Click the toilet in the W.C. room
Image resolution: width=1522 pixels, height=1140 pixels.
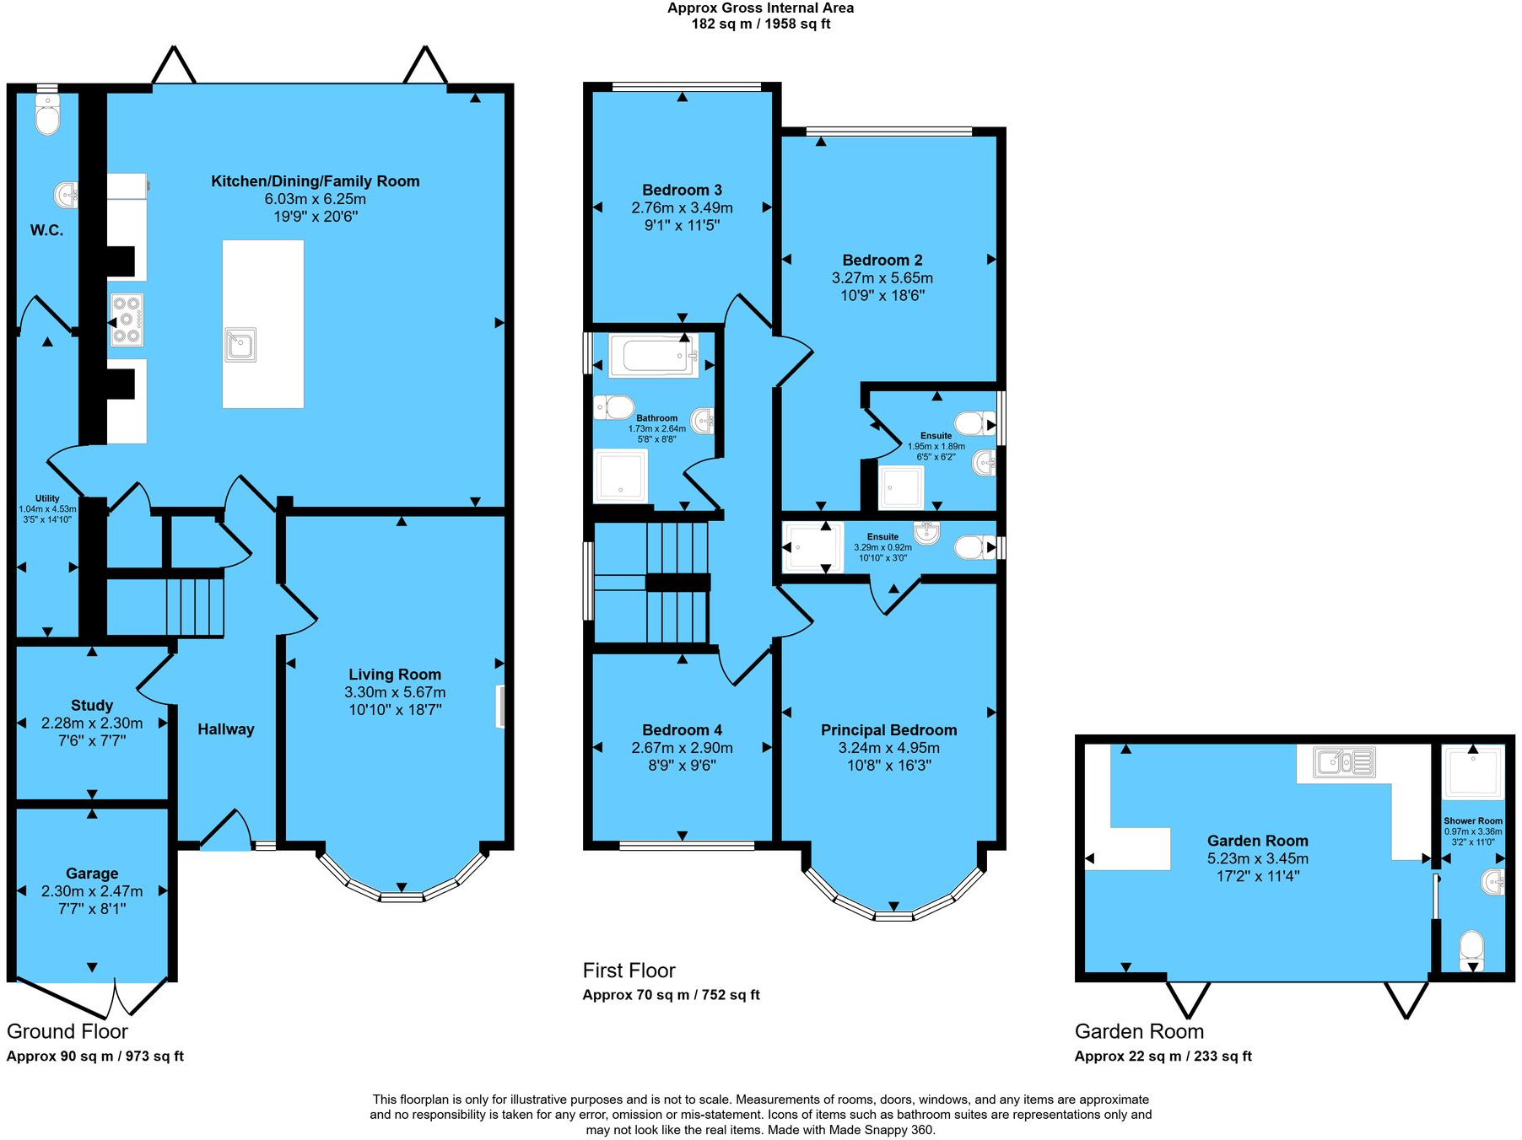pyautogui.click(x=48, y=115)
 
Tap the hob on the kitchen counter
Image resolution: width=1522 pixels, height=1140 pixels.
pyautogui.click(x=127, y=320)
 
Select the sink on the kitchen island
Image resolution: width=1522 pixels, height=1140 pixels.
pyautogui.click(x=240, y=345)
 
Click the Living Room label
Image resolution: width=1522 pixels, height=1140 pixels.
pyautogui.click(x=395, y=675)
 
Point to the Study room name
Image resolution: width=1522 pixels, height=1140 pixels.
pyautogui.click(x=92, y=706)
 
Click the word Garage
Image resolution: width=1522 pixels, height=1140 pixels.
pyautogui.click(x=92, y=874)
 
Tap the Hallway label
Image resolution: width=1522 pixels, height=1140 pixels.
pyautogui.click(x=226, y=729)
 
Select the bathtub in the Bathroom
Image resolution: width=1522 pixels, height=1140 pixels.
pyautogui.click(x=654, y=356)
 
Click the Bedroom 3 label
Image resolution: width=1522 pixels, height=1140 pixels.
pyautogui.click(x=682, y=191)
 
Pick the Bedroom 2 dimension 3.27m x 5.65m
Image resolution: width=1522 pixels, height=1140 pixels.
pyautogui.click(x=882, y=278)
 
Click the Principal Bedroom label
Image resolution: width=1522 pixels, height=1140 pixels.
pyautogui.click(x=889, y=730)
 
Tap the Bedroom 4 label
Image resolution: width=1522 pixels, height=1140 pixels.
pyautogui.click(x=682, y=730)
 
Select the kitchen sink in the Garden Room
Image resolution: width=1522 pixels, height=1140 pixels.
pyautogui.click(x=1345, y=762)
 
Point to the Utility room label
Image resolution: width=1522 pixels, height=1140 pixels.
pyautogui.click(x=47, y=498)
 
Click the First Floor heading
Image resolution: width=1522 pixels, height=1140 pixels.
pyautogui.click(x=629, y=971)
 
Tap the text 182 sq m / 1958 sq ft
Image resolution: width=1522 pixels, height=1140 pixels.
pyautogui.click(x=761, y=24)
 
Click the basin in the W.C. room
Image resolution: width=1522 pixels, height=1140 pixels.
pyautogui.click(x=67, y=195)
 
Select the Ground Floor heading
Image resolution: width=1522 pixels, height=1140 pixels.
pyautogui.click(x=67, y=1031)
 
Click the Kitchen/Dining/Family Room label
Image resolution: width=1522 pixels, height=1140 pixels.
pyautogui.click(x=316, y=181)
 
